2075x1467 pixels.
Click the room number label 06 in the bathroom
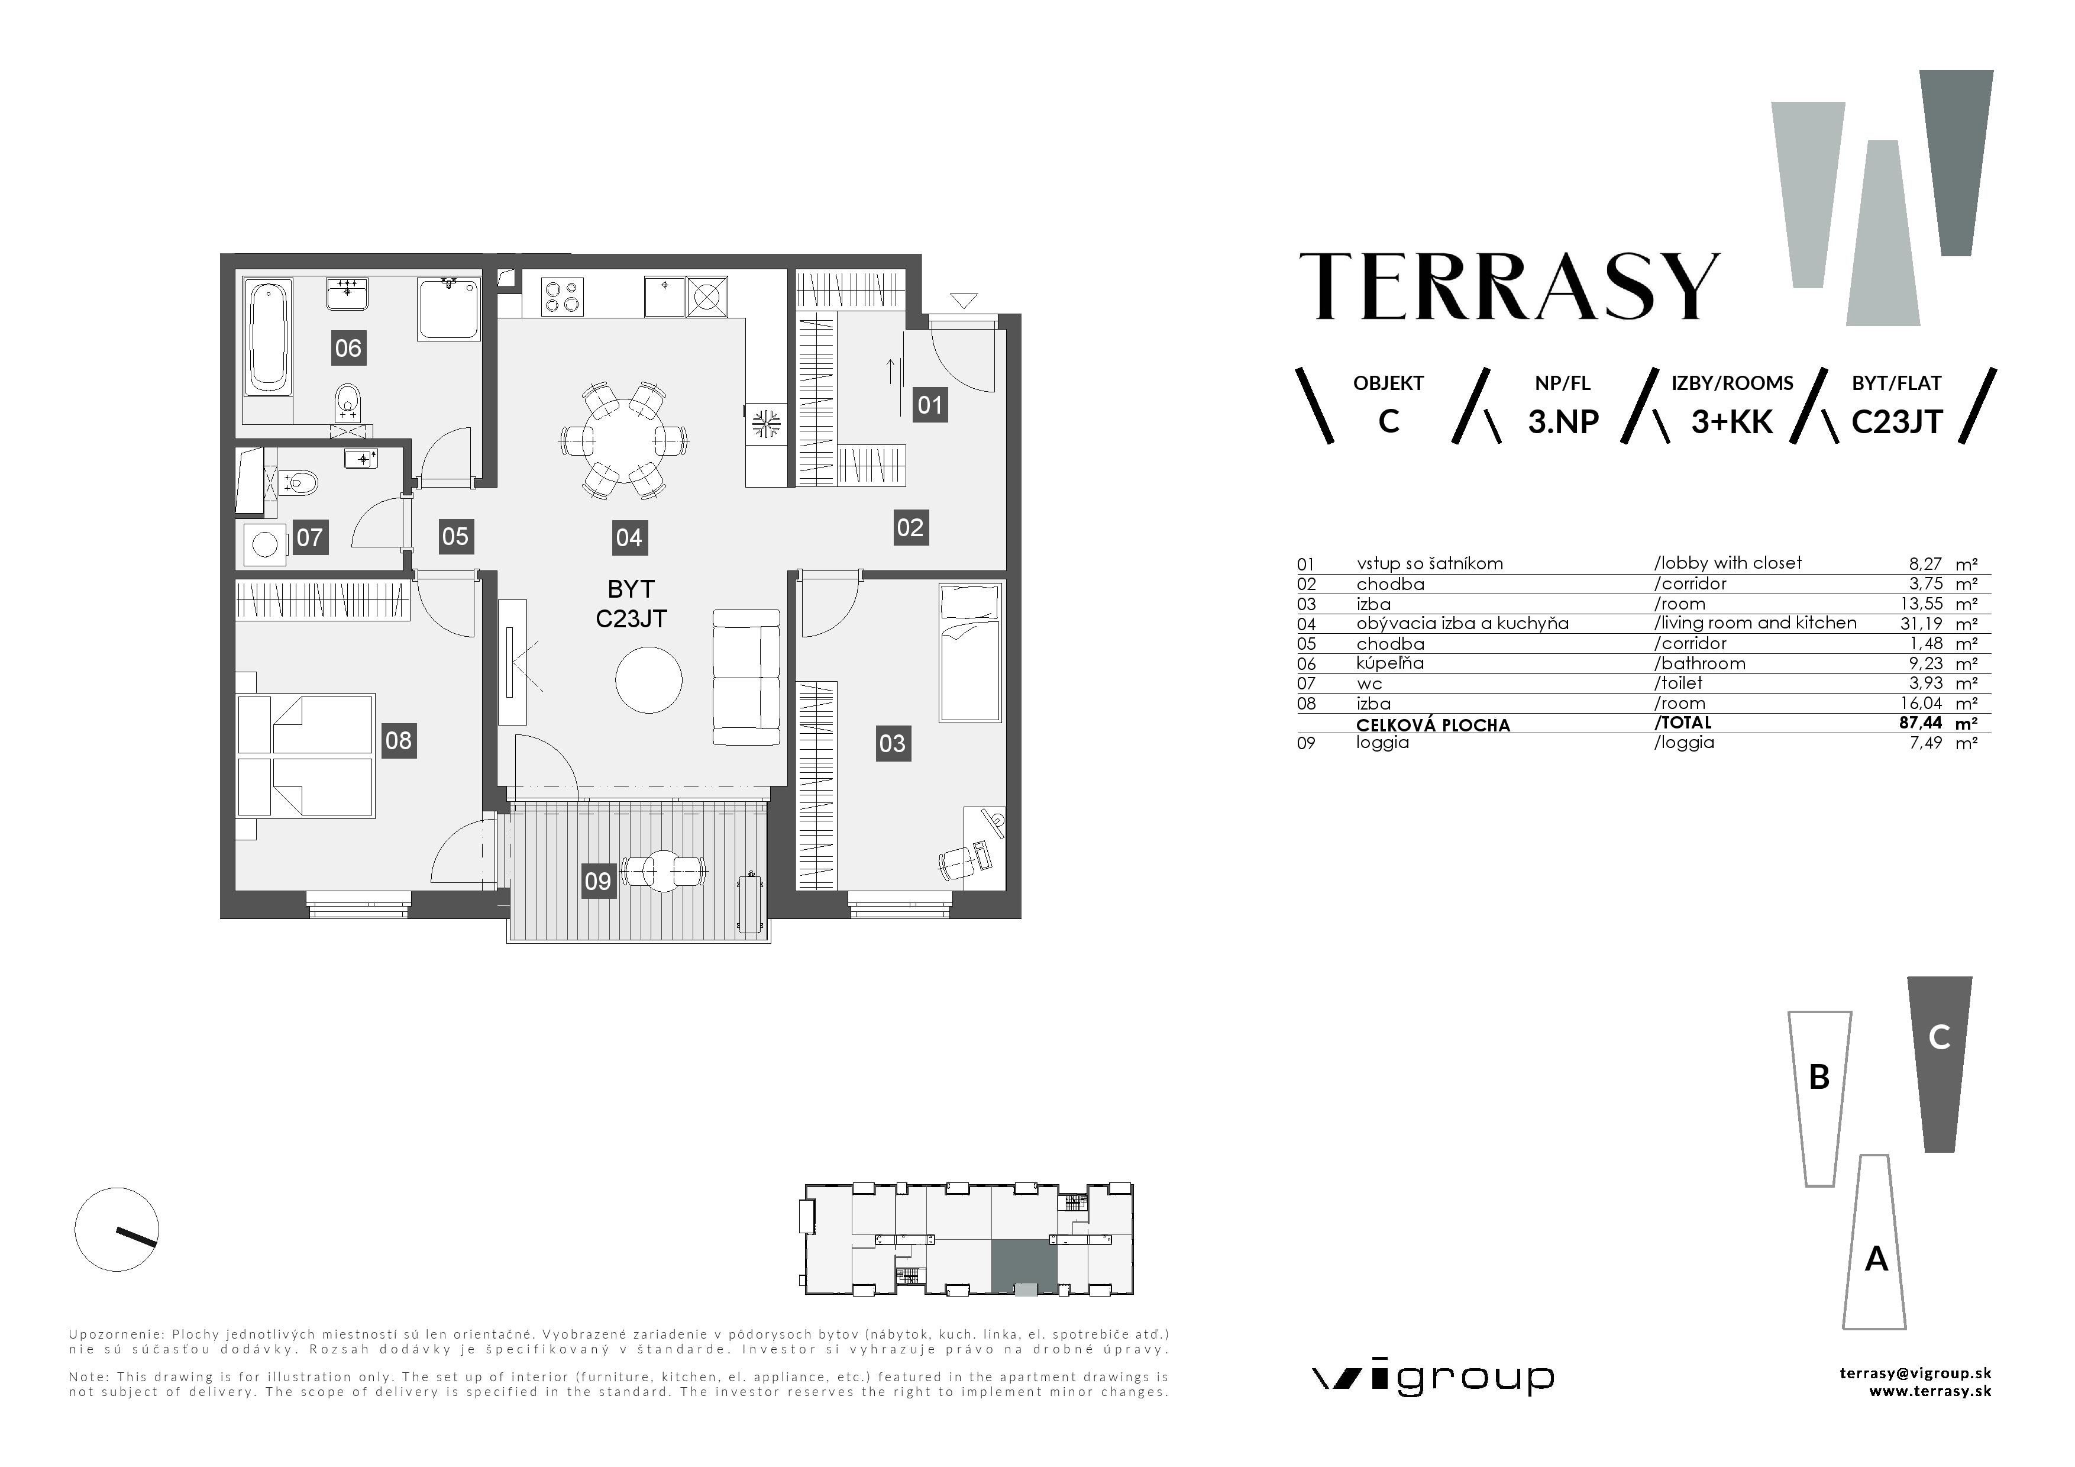tap(348, 348)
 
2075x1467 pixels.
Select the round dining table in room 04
tap(623, 439)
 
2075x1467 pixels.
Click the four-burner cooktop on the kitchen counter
tap(561, 296)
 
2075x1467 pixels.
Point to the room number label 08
tap(399, 741)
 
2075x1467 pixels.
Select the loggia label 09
tap(597, 881)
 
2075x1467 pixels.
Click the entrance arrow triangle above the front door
tap(964, 300)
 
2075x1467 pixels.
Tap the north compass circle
tap(117, 1229)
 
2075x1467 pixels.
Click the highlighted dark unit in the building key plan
tap(1023, 1263)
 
